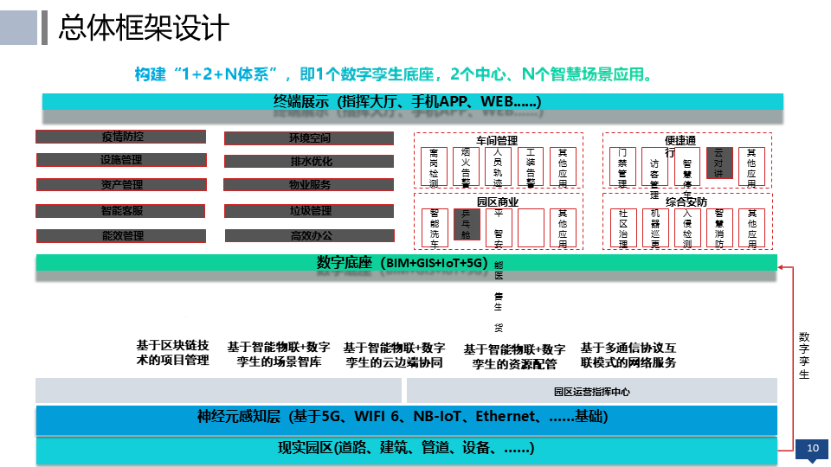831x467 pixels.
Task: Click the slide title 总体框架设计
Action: [x=144, y=28]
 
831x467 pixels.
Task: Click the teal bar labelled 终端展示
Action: [x=413, y=102]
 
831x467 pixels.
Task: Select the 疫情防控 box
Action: [x=121, y=137]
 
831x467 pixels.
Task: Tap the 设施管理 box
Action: [x=121, y=160]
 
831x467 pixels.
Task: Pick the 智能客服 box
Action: [x=121, y=211]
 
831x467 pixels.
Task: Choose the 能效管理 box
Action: [x=121, y=235]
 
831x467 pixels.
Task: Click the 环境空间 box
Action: [x=308, y=138]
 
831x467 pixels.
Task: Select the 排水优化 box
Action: [x=308, y=161]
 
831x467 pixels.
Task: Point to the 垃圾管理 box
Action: [x=308, y=211]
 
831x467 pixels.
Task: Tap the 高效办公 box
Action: [x=308, y=235]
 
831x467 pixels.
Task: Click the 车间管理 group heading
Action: [x=497, y=139]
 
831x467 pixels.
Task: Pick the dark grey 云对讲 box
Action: [x=718, y=163]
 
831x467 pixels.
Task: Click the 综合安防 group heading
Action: [x=686, y=201]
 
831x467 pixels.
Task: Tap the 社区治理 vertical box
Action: [x=623, y=228]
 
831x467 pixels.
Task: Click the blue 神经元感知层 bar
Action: [x=406, y=418]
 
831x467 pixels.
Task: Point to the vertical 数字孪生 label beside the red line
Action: [x=804, y=355]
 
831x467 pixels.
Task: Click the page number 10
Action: [x=812, y=448]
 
